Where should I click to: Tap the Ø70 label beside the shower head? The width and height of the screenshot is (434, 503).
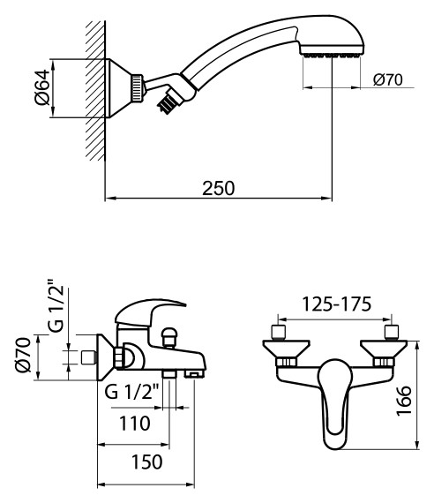click(x=387, y=80)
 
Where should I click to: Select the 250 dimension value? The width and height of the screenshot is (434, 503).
click(x=218, y=188)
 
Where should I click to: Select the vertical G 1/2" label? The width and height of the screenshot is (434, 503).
click(x=54, y=306)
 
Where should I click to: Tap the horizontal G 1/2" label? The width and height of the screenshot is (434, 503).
click(x=134, y=392)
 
